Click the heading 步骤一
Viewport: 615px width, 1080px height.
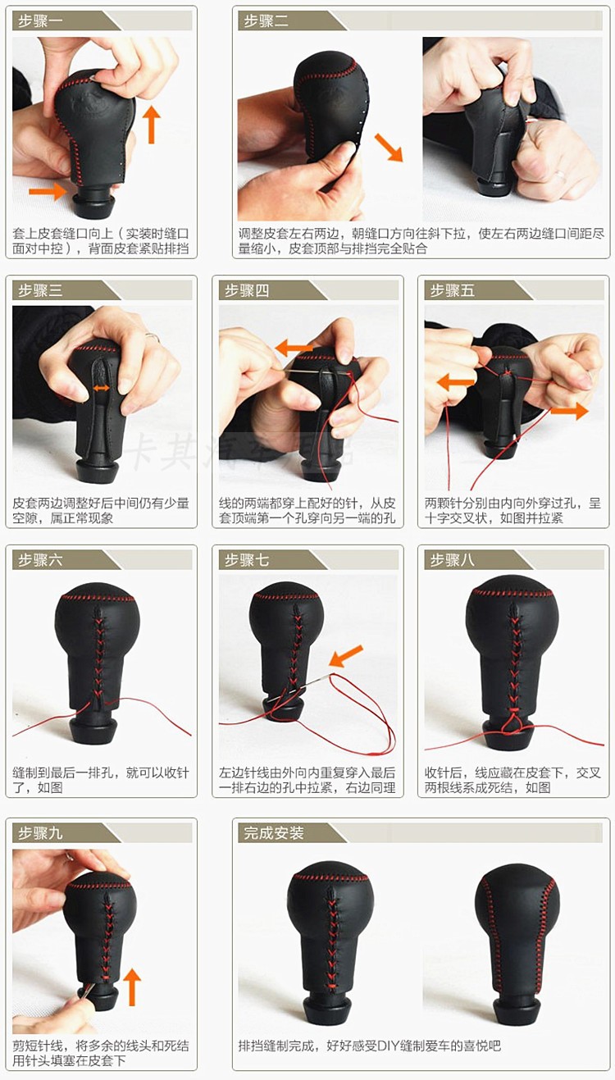point(40,21)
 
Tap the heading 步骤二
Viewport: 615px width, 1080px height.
point(266,21)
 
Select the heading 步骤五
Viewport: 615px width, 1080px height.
point(452,291)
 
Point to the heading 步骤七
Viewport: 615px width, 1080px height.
point(247,560)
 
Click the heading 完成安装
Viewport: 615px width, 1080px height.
point(273,833)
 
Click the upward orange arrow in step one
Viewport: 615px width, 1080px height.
point(152,125)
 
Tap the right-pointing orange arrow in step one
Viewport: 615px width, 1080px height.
point(48,191)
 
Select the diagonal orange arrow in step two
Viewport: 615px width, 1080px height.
point(389,148)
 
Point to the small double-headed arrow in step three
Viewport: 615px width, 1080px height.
point(101,388)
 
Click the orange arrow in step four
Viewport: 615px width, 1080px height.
point(294,347)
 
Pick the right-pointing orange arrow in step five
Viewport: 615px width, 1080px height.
point(569,411)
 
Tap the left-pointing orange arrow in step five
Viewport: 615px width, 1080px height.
point(455,383)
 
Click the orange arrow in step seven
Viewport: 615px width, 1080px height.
point(345,657)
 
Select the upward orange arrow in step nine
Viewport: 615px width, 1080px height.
point(131,988)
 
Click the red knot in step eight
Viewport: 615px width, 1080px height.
point(512,721)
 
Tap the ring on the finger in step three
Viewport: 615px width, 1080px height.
point(153,337)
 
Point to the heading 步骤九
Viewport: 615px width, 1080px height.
point(40,833)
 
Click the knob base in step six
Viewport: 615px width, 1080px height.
point(94,732)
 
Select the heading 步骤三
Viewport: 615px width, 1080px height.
point(40,291)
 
